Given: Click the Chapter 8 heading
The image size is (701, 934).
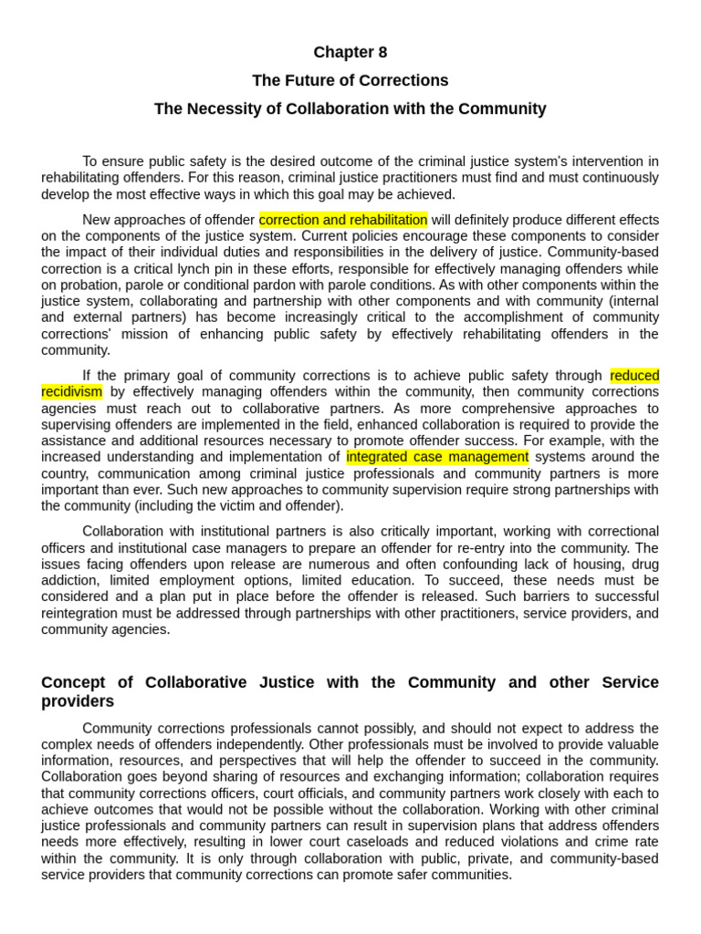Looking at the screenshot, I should coord(350,52).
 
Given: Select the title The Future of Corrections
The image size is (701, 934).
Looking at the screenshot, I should coord(350,80).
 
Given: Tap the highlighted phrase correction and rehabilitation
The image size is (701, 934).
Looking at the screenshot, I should coord(343,220).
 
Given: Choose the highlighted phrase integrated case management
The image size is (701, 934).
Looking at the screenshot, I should coord(437,457).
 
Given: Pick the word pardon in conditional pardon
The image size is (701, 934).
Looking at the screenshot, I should coord(266,285).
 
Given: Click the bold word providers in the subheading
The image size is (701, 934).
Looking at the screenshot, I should coord(78,702).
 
